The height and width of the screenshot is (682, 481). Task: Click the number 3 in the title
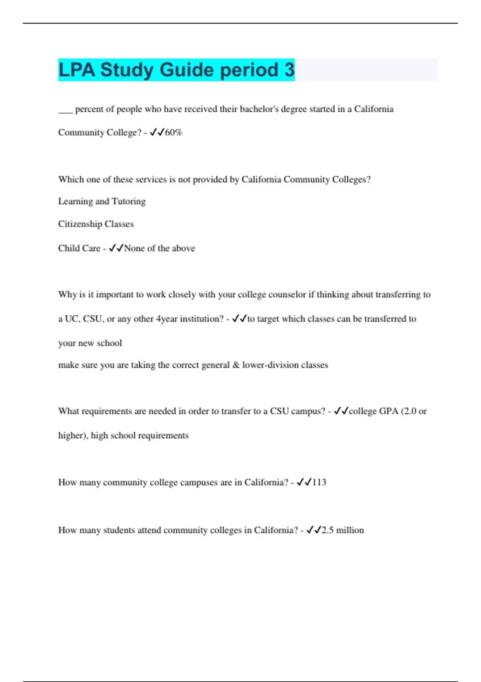tap(289, 70)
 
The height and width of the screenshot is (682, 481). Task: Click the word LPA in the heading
tap(77, 70)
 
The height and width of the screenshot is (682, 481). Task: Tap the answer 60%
tap(174, 132)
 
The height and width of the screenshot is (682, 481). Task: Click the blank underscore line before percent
tap(65, 112)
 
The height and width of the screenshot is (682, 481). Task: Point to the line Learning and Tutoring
tap(102, 201)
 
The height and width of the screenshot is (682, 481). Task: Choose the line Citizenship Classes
tap(96, 224)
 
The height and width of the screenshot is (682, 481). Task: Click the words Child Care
tap(79, 248)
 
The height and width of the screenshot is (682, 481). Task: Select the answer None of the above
tap(160, 248)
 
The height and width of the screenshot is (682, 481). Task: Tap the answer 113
tap(319, 482)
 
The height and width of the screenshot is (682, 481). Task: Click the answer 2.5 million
tap(343, 530)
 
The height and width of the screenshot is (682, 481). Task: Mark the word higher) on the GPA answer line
tap(73, 436)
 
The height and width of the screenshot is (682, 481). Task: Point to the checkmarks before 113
tap(304, 482)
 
